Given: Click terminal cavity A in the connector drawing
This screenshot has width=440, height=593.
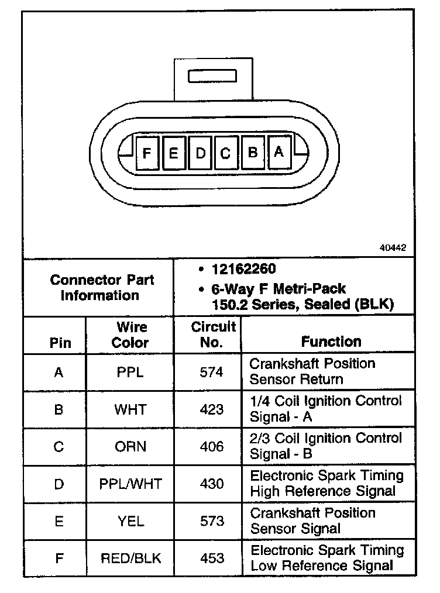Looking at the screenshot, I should pos(279,152).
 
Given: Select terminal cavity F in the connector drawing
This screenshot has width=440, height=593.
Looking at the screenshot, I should pos(146,153).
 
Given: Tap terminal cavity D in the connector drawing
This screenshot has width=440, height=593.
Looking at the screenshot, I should pos(200,153).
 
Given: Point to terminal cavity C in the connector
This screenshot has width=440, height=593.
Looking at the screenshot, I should pos(226,153).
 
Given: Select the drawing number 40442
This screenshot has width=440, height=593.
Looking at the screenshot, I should pos(393,247).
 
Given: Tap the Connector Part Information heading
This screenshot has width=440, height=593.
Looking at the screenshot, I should pos(102,288).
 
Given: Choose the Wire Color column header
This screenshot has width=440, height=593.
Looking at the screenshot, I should pos(131,335).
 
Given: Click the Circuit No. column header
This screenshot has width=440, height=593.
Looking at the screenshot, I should pos(212,335).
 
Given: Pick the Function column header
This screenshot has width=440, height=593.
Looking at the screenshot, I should pos(331,342).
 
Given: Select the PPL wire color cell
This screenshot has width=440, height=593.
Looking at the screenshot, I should pos(129,372).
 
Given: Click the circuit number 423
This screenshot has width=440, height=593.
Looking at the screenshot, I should pos(211,409).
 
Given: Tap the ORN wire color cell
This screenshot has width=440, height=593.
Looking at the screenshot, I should pos(130,447).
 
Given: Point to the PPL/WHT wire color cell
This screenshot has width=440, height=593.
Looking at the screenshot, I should pos(130,484).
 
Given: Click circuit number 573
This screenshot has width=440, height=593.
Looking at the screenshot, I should pos(211,521).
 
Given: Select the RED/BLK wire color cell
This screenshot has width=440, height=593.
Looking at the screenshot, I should pos(130,558).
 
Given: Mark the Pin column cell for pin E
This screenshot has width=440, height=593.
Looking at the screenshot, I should pos(59,521).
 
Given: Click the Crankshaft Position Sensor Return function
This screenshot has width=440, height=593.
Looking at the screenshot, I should pos(312,371).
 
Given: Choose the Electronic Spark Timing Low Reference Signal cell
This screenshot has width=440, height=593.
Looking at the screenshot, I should pos(327,558).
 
